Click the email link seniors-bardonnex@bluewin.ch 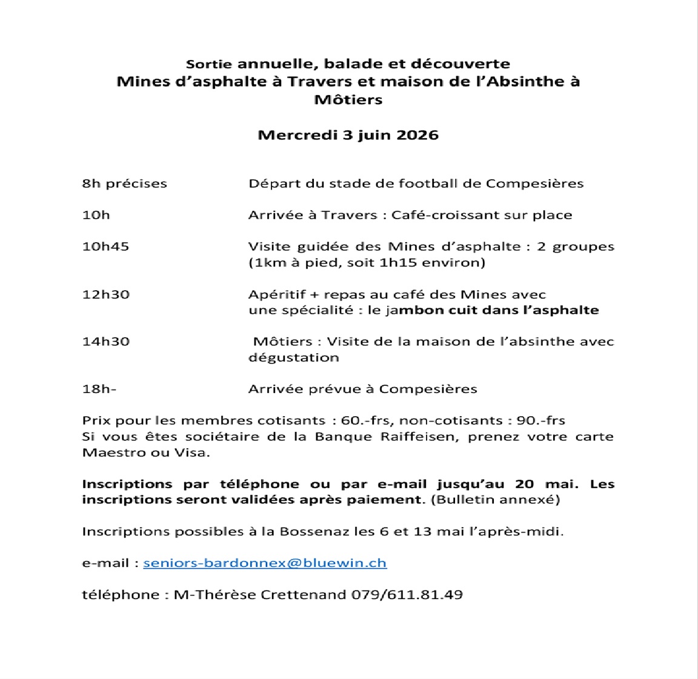265,563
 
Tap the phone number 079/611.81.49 407,594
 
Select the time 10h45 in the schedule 105,247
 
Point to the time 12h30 105,294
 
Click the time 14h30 105,341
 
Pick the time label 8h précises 124,184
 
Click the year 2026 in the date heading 417,134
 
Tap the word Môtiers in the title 348,99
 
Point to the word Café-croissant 436,215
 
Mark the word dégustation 293,357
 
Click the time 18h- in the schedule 99,389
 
